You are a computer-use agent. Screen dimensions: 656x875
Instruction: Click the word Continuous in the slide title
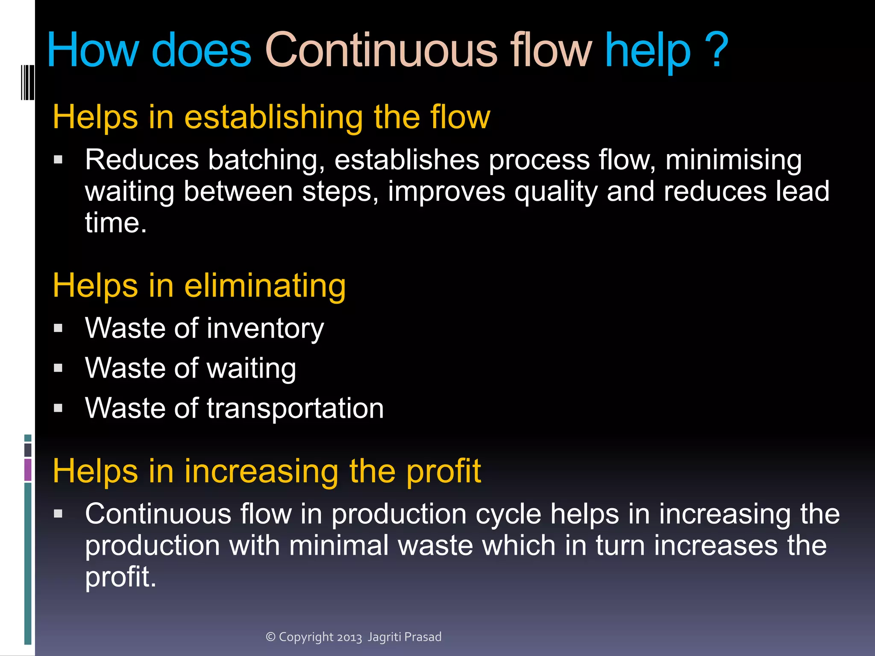(381, 50)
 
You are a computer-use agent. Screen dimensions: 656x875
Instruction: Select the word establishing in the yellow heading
(273, 117)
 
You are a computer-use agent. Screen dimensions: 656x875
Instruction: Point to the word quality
(556, 192)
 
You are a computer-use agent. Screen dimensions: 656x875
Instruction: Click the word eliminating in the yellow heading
(265, 285)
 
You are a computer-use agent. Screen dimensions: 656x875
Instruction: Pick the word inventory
(265, 328)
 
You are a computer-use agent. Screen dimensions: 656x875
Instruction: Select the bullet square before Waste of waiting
(59, 368)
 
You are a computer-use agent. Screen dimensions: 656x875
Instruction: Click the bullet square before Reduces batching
(59, 160)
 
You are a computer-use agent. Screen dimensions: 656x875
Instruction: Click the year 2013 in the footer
(349, 637)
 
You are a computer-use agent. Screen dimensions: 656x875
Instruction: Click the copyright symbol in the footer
(270, 637)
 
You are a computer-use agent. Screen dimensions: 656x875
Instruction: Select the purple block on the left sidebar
(28, 470)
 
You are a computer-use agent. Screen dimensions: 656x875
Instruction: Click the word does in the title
(201, 50)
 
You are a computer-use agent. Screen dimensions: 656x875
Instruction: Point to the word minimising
(733, 160)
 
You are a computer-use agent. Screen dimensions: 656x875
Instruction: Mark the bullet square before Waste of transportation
(59, 408)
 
